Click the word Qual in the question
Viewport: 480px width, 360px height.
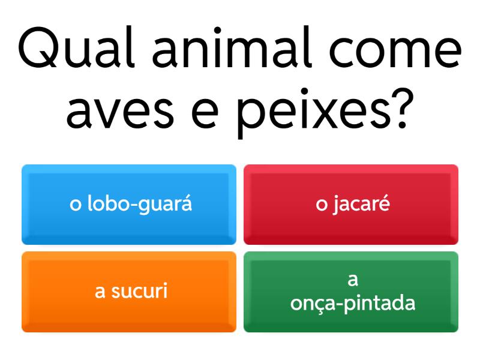coord(77,47)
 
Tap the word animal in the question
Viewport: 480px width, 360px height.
coord(232,47)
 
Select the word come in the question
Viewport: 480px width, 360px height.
coord(395,50)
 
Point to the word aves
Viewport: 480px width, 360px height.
coord(120,112)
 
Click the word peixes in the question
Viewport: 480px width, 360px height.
coord(314,113)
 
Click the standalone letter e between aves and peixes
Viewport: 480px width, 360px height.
coord(205,112)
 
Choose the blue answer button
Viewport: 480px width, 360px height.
coord(129,205)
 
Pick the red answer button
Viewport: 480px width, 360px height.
coord(351,205)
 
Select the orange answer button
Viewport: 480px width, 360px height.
coord(129,292)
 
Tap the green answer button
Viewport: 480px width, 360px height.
coord(351,292)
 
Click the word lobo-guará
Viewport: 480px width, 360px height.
coord(140,203)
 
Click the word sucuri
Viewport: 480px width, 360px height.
coord(139,290)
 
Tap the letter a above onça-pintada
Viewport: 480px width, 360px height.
coord(353,280)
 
